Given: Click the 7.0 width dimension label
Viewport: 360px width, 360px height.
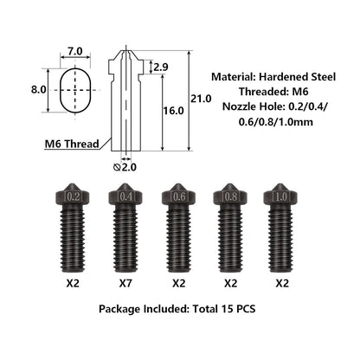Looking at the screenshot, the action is pyautogui.click(x=75, y=51).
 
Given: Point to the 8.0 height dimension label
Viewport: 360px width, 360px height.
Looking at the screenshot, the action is pyautogui.click(x=39, y=90).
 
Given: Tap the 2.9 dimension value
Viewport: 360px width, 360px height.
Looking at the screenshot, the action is pyautogui.click(x=161, y=67).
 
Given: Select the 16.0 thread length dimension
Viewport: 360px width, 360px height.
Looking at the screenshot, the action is pyautogui.click(x=173, y=111).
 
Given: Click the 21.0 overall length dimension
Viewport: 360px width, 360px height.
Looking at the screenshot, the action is pyautogui.click(x=201, y=99).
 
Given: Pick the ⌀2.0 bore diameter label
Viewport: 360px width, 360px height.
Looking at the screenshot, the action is pyautogui.click(x=125, y=167).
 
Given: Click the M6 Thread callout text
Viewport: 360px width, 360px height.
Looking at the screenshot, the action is pyautogui.click(x=72, y=144).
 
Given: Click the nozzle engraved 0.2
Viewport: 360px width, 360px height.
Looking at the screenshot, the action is pyautogui.click(x=73, y=228).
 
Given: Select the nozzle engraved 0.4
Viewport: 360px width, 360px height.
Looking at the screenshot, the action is pyautogui.click(x=126, y=228).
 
